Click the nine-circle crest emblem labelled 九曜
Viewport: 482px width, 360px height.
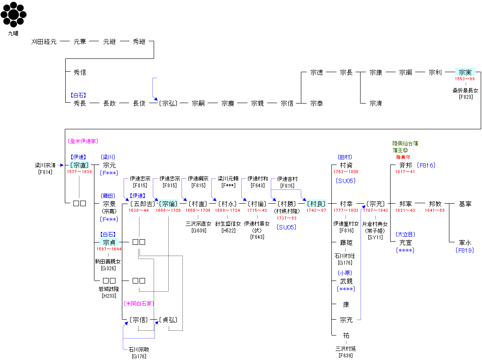13,15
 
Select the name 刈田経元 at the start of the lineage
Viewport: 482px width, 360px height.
44,42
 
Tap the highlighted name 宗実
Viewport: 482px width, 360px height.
465,73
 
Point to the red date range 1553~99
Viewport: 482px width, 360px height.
465,79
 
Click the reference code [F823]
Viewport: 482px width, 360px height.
465,97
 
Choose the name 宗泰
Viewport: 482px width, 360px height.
317,104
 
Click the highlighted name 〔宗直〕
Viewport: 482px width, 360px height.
79,165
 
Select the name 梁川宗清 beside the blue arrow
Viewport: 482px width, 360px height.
45,165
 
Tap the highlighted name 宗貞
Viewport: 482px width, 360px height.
109,242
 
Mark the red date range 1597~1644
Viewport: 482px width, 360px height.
109,249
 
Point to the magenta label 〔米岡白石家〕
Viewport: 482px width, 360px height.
139,303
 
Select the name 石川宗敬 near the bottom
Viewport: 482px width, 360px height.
139,349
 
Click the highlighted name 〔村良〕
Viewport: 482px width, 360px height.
316,204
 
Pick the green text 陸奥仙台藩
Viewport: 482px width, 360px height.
405,143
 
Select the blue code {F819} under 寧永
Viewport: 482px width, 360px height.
464,250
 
